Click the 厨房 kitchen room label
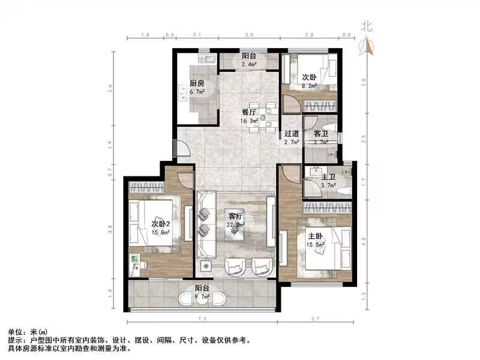point(197,83)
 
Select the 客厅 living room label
point(235,215)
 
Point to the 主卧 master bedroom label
point(316,236)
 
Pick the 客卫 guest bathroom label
point(320,133)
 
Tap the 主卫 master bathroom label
point(328,177)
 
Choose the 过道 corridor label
point(292,133)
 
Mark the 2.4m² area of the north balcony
point(249,64)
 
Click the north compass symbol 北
point(366,26)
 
